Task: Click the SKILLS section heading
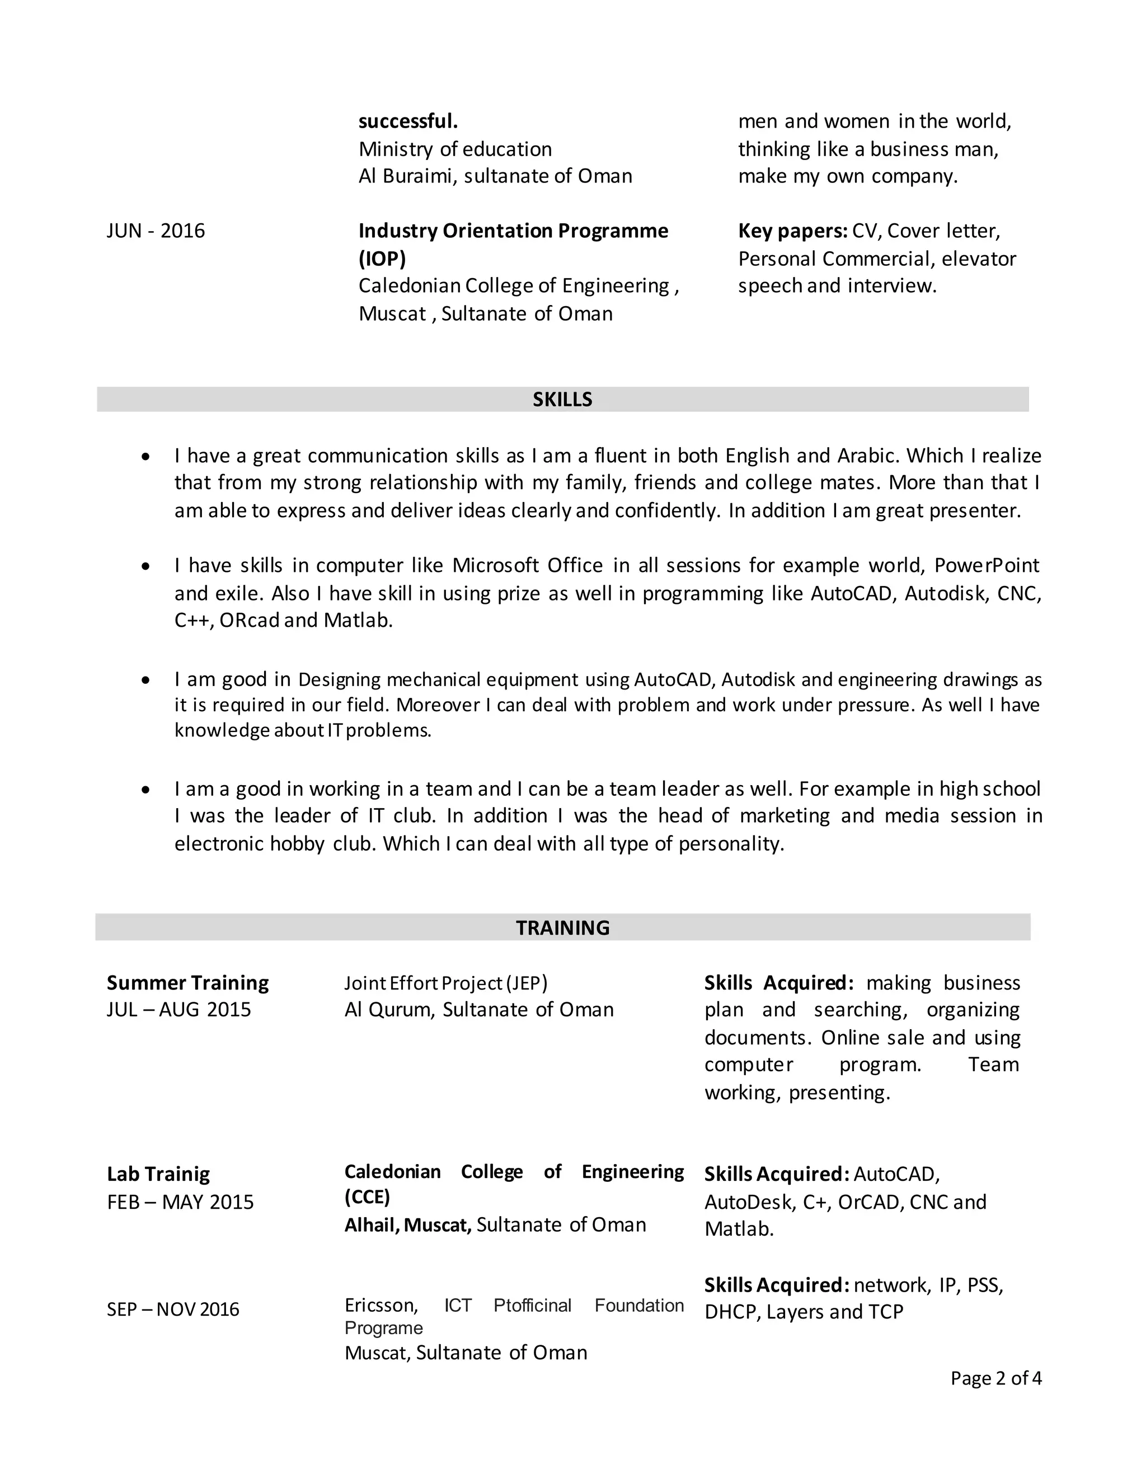pyautogui.click(x=562, y=399)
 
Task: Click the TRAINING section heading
pyautogui.click(x=562, y=927)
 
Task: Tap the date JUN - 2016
pyautogui.click(x=156, y=231)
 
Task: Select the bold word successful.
pyautogui.click(x=408, y=121)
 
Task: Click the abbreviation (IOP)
pyautogui.click(x=382, y=259)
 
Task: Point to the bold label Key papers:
pyautogui.click(x=792, y=231)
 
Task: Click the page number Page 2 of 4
pyautogui.click(x=995, y=1378)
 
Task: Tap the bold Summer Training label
pyautogui.click(x=187, y=983)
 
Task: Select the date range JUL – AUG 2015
pyautogui.click(x=179, y=1010)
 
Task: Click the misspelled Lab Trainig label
pyautogui.click(x=158, y=1174)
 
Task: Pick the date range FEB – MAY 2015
pyautogui.click(x=180, y=1202)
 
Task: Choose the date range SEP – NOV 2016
pyautogui.click(x=172, y=1309)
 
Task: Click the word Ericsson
pyautogui.click(x=380, y=1305)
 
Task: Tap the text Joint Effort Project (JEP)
pyautogui.click(x=445, y=983)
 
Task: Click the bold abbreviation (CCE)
pyautogui.click(x=367, y=1197)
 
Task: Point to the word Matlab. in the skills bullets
pyautogui.click(x=358, y=620)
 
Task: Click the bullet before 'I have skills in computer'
pyautogui.click(x=145, y=566)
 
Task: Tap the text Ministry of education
pyautogui.click(x=455, y=149)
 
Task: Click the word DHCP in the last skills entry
pyautogui.click(x=732, y=1312)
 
